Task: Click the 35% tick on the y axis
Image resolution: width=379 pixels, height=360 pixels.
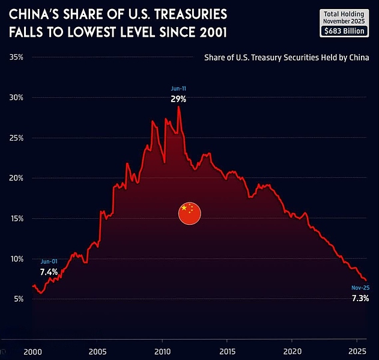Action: tap(16, 58)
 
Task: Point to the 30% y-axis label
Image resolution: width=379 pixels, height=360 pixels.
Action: tap(16, 98)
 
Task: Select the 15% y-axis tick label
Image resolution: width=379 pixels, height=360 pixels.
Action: tap(16, 219)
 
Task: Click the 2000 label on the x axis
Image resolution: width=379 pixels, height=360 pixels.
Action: tap(33, 351)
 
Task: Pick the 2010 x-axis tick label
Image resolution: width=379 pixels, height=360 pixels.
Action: tap(162, 351)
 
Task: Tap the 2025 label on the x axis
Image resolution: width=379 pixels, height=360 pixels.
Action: tap(357, 351)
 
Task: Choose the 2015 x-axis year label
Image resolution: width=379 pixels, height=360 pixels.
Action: tap(227, 351)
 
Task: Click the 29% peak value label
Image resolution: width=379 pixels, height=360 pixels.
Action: tap(178, 99)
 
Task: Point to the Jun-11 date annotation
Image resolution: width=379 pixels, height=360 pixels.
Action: tap(178, 89)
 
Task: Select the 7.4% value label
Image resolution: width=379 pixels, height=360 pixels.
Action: tap(49, 272)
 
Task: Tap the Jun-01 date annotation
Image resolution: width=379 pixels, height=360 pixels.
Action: tap(49, 262)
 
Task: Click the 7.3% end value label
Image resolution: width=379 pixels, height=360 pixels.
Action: tap(360, 299)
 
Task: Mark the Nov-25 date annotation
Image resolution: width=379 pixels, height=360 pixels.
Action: tap(360, 288)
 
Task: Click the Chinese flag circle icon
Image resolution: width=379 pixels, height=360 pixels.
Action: tap(189, 213)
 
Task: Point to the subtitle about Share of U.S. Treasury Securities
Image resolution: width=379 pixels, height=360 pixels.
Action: tap(286, 58)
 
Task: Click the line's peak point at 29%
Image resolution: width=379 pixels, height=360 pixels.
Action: tap(178, 107)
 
